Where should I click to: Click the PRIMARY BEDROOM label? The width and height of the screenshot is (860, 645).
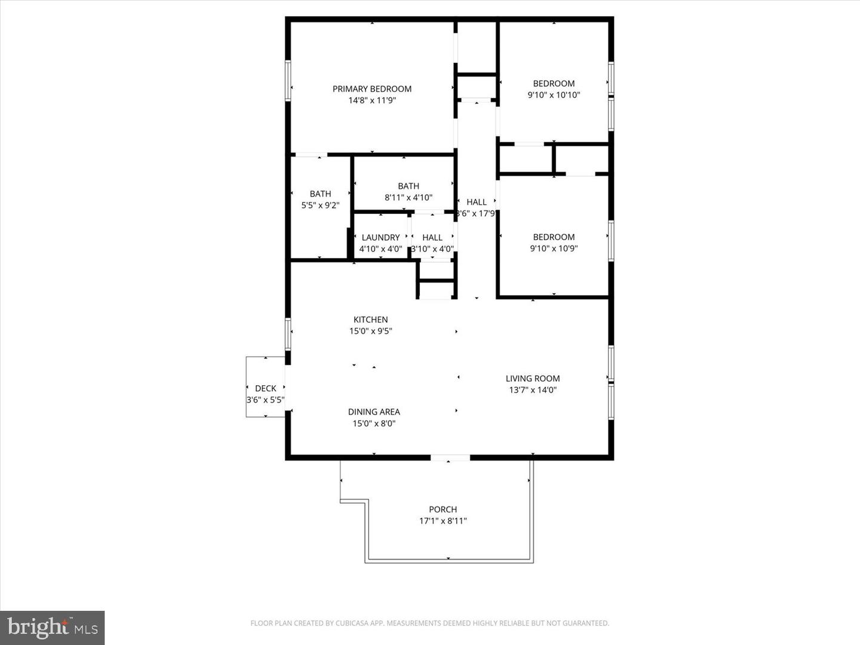372,89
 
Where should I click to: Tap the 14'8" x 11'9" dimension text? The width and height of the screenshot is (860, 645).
372,100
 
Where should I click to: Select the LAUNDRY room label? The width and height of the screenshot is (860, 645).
380,238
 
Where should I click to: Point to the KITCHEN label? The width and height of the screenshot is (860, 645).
370,320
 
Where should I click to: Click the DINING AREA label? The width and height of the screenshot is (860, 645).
374,412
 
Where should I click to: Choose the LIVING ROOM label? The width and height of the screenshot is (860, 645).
533,379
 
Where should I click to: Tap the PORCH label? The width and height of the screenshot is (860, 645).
443,509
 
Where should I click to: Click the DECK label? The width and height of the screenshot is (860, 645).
266,389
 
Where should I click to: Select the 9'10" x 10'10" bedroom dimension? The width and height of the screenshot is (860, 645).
554,95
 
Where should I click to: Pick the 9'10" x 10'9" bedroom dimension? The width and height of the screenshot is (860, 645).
554,248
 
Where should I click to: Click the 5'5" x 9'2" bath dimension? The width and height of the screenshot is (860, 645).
320,205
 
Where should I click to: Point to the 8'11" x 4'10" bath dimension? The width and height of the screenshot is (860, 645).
408,198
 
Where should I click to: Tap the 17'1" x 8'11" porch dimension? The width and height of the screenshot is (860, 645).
443,521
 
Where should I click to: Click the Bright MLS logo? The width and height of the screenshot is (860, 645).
53,628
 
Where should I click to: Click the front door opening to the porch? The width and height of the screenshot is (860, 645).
450,458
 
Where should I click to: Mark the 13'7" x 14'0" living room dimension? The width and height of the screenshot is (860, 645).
533,390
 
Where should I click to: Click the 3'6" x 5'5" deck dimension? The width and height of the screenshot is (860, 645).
266,400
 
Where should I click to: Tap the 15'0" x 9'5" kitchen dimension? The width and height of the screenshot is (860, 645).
370,331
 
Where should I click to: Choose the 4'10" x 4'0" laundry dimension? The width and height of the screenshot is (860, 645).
380,249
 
